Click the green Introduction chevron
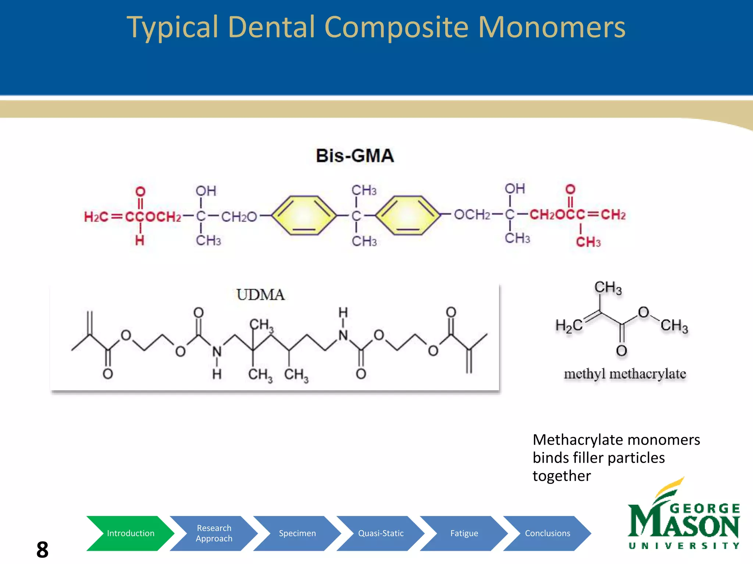coord(130,533)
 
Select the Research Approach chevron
coord(214,533)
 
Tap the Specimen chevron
coord(297,533)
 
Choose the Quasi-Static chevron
coord(381,533)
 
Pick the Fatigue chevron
coord(464,533)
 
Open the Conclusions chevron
coord(547,533)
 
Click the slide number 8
coord(42,550)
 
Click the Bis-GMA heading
coord(355,156)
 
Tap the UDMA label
coord(260,295)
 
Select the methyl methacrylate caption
coord(625,374)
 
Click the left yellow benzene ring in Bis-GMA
coord(304,215)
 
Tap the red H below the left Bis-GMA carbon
coord(140,241)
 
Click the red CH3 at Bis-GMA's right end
coord(588,242)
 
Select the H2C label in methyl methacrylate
coord(568,326)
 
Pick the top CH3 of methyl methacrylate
coord(608,288)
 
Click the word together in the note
coord(561,476)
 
